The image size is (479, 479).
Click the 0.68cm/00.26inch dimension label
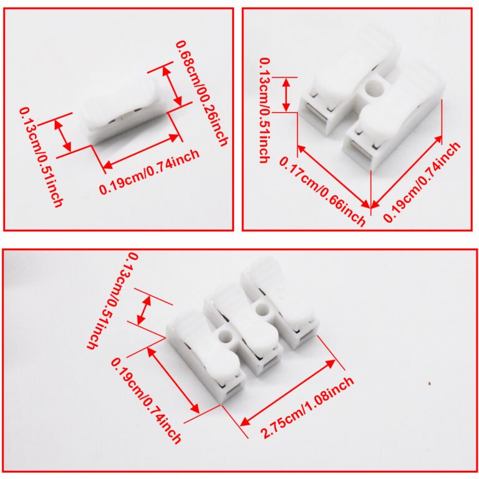[x=202, y=94]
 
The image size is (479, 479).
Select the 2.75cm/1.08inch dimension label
[x=307, y=407]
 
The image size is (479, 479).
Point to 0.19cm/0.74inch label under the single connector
[x=150, y=172]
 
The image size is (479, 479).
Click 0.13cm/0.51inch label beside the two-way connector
[x=264, y=110]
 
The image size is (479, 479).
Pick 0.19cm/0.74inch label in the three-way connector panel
[x=145, y=401]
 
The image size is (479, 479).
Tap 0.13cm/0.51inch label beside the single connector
[x=41, y=157]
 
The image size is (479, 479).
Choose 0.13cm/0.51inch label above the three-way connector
[x=112, y=301]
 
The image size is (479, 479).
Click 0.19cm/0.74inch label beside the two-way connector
[x=422, y=182]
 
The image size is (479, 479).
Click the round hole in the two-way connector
[x=374, y=89]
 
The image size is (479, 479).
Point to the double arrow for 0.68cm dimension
[x=172, y=86]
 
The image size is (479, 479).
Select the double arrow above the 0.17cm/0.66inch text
[x=334, y=177]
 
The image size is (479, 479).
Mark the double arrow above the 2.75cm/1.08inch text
[x=288, y=393]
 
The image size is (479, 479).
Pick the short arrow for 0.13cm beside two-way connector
[x=286, y=95]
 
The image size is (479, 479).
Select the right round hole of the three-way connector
[x=262, y=309]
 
